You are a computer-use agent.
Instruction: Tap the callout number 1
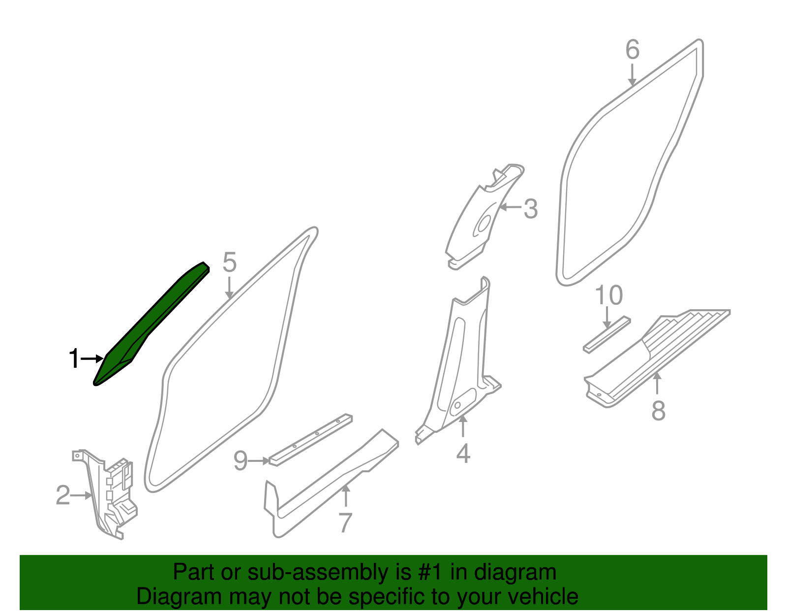[74, 359]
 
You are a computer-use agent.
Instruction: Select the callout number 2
[62, 495]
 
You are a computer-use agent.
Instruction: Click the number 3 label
[530, 209]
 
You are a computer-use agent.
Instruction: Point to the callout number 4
[463, 453]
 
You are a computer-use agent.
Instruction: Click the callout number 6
[633, 50]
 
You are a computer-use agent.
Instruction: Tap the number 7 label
[345, 523]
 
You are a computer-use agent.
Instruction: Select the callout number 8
[658, 410]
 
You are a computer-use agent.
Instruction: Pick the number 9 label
[240, 461]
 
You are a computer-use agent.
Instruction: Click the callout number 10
[608, 295]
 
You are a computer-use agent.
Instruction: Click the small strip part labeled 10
[606, 334]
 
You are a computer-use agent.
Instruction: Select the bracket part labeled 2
[111, 497]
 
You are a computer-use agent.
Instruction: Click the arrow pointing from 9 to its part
[259, 461]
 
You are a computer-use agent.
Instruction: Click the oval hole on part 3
[483, 224]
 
